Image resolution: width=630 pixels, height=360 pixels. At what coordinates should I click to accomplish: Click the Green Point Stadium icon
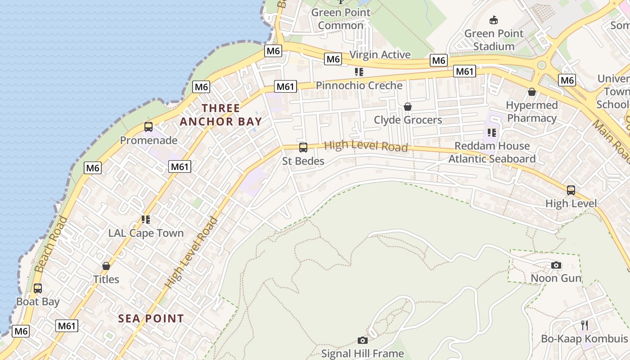[x=494, y=20]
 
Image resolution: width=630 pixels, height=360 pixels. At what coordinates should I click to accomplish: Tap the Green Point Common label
[x=341, y=19]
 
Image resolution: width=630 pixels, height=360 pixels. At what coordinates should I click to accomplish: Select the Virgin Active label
[x=380, y=55]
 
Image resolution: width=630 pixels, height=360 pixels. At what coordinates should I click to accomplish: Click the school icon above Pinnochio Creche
[x=359, y=72]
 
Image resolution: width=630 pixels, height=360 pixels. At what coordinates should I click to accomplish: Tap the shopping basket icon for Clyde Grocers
[x=408, y=107]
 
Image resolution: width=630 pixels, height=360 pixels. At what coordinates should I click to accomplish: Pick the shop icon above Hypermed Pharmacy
[x=532, y=92]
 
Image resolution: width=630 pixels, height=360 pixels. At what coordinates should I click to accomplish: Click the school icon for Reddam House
[x=491, y=133]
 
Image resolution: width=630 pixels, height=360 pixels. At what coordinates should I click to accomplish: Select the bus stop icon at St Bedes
[x=303, y=147]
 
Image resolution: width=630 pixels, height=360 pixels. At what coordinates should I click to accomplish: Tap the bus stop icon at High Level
[x=571, y=190]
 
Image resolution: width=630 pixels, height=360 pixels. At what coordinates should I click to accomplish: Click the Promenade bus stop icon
[x=148, y=127]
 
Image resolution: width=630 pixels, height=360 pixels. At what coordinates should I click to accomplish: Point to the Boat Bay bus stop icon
[x=38, y=288]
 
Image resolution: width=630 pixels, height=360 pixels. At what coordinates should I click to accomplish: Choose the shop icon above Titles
[x=106, y=266]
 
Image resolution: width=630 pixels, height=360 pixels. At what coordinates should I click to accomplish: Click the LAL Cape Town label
[x=146, y=233]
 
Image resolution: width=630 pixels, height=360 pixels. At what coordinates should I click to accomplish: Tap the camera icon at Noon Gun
[x=556, y=265]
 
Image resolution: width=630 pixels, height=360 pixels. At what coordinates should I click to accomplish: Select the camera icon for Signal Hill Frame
[x=362, y=340]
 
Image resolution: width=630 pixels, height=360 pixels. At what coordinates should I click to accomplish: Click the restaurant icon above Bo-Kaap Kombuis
[x=585, y=325]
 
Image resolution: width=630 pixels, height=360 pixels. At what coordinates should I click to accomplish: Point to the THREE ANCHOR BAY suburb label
[x=221, y=115]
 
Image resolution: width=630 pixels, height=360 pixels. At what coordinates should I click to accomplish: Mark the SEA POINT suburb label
[x=151, y=319]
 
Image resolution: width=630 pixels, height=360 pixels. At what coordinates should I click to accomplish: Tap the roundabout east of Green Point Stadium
[x=541, y=65]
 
